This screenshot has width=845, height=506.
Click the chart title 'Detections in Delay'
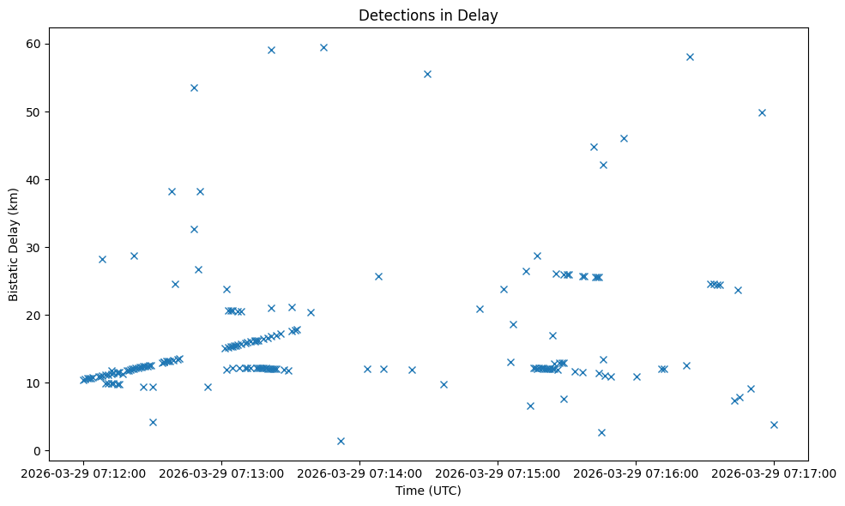point(428,15)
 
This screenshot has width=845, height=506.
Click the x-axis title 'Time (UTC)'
point(428,491)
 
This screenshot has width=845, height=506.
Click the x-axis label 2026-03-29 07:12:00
point(83,472)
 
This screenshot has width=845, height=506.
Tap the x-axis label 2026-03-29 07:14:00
point(359,472)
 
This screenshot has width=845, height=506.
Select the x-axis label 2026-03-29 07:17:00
point(774,472)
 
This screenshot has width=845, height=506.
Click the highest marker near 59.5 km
point(323,47)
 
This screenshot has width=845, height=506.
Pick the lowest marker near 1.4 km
point(341,441)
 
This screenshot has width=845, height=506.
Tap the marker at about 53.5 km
point(194,87)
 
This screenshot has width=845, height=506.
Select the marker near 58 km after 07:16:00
point(690,57)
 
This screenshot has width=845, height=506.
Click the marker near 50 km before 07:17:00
point(762,112)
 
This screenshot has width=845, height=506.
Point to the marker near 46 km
point(624,138)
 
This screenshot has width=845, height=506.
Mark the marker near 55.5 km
point(427,74)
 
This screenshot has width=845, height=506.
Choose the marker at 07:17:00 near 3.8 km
point(774,425)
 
